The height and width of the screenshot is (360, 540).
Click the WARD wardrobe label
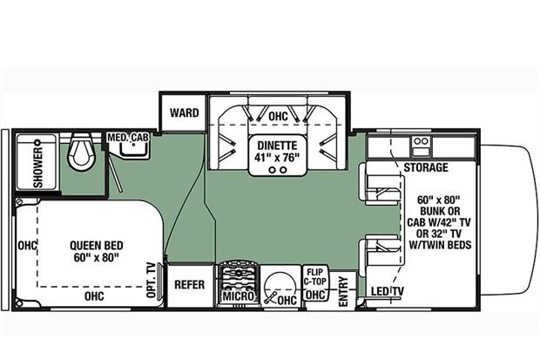[185, 112]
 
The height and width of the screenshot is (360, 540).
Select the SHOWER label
[37, 167]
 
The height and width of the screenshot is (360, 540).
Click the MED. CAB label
[128, 138]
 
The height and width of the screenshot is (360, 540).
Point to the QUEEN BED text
[97, 246]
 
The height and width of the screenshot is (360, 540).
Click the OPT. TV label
[152, 280]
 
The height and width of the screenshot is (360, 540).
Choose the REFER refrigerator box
[189, 285]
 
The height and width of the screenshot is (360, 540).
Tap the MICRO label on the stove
[239, 295]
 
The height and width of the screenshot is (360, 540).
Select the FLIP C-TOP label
[314, 276]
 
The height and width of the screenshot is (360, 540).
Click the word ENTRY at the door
[343, 291]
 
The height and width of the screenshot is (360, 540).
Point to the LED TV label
[388, 292]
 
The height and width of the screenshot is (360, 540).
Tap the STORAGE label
[426, 167]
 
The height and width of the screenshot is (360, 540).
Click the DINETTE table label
[277, 146]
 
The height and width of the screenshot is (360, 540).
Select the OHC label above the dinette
[278, 116]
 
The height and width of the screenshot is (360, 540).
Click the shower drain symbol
[37, 142]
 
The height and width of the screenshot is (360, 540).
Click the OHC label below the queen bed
[94, 295]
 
